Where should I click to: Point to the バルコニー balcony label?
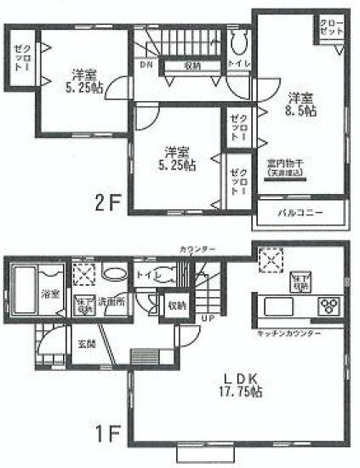point(300,212)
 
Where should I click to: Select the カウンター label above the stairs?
point(197,248)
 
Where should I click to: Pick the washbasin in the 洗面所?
point(113,275)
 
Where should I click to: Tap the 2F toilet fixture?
point(238,43)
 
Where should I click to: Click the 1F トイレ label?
point(145,276)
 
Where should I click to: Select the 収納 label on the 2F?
point(192,66)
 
